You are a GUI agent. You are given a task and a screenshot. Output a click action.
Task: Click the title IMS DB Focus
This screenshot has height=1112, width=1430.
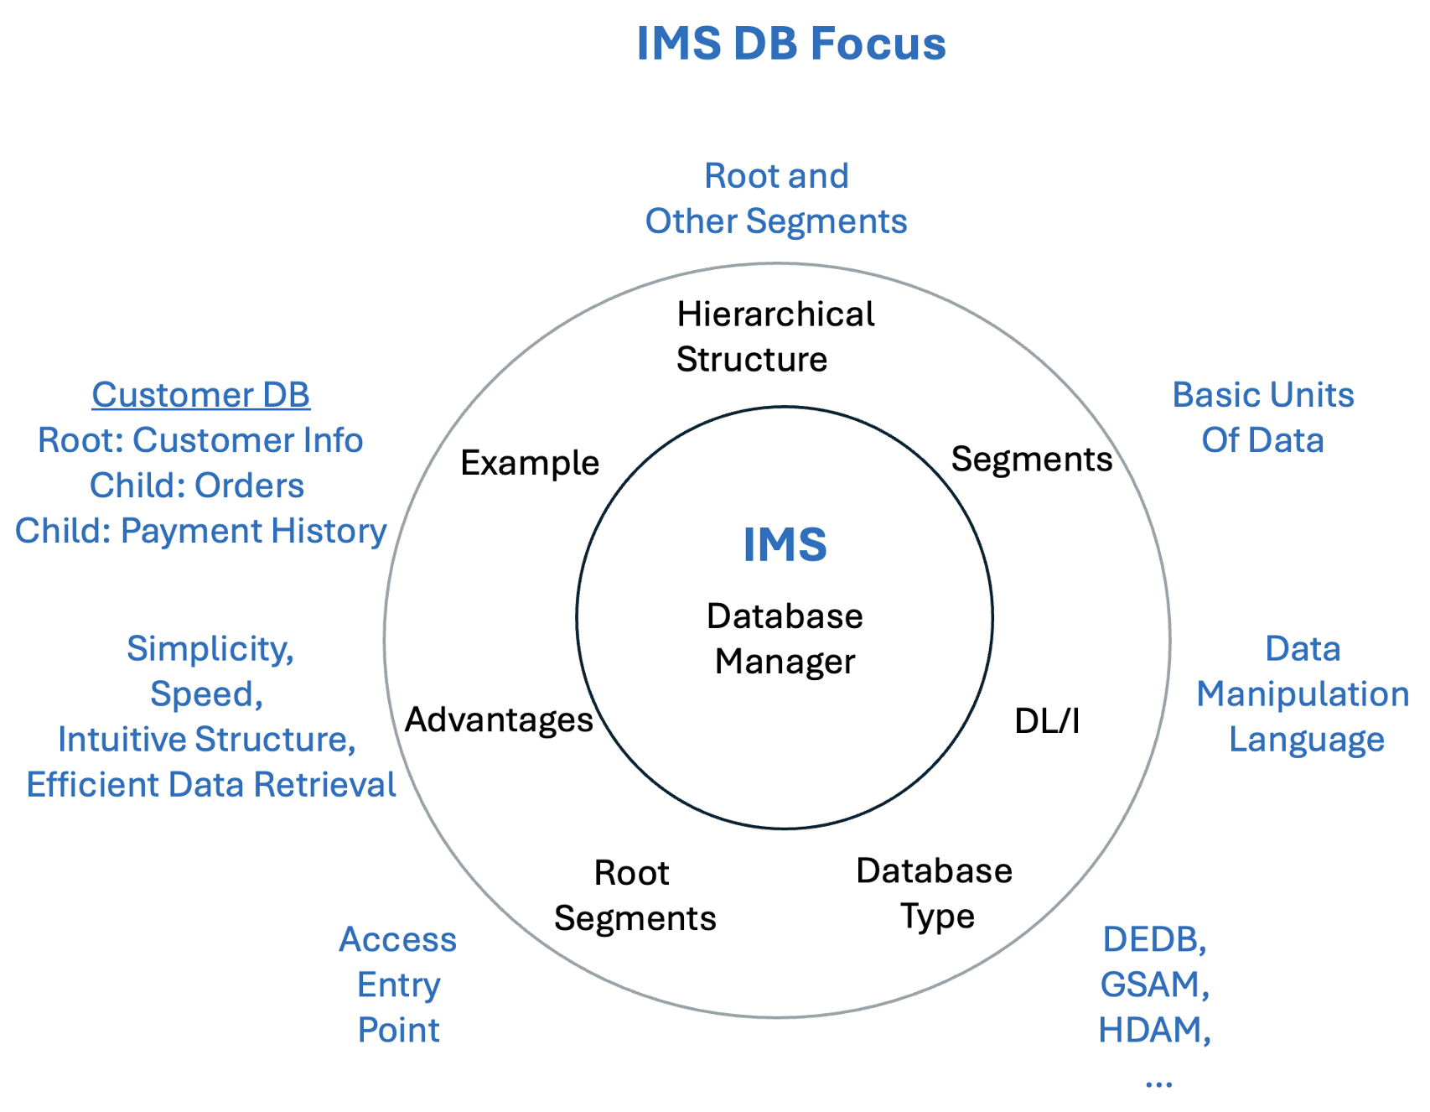pyautogui.click(x=790, y=44)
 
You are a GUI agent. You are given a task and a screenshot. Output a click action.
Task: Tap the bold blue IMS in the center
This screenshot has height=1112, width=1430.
pyautogui.click(x=785, y=545)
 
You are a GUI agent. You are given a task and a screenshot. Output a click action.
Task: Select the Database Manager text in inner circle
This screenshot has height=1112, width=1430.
pyautogui.click(x=785, y=639)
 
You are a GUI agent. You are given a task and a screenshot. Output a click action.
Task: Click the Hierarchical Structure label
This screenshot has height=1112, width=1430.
pyautogui.click(x=775, y=337)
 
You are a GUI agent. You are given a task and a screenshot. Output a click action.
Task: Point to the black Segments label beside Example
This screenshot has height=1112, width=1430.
pyautogui.click(x=1031, y=460)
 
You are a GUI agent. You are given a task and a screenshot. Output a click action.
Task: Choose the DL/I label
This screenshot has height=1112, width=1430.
pyautogui.click(x=1046, y=721)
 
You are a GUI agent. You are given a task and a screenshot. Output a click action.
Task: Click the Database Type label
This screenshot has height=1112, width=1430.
pyautogui.click(x=934, y=894)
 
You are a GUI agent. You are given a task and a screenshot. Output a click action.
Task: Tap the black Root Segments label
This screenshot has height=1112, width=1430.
pyautogui.click(x=635, y=896)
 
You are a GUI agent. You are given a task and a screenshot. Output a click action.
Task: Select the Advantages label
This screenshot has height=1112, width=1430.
pyautogui.click(x=499, y=720)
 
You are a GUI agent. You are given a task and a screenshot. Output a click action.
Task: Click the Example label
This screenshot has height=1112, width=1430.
pyautogui.click(x=530, y=463)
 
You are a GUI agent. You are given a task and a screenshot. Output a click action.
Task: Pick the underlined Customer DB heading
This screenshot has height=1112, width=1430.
pyautogui.click(x=200, y=395)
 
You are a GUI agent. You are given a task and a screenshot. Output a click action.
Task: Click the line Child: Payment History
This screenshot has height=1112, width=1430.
pyautogui.click(x=200, y=531)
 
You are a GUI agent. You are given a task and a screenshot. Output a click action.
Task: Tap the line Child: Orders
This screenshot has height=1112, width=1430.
pyautogui.click(x=197, y=486)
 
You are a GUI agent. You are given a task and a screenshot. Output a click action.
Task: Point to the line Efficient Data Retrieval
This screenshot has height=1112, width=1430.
pyautogui.click(x=211, y=785)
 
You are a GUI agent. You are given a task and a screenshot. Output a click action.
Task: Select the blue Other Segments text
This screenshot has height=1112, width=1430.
pyautogui.click(x=776, y=221)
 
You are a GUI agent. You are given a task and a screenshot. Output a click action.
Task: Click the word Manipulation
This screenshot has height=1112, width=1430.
pyautogui.click(x=1302, y=694)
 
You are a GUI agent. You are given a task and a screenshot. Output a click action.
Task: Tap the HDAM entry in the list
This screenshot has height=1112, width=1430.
pyautogui.click(x=1153, y=1030)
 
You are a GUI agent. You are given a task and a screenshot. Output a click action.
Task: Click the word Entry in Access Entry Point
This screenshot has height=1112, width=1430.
pyautogui.click(x=398, y=985)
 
